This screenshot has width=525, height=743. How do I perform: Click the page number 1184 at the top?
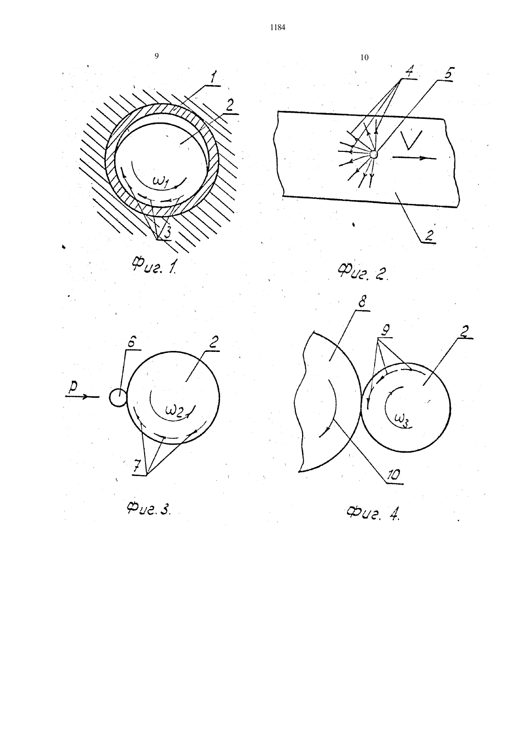(278, 28)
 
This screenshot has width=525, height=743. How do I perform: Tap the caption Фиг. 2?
(363, 272)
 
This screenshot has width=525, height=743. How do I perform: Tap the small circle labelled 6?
(118, 397)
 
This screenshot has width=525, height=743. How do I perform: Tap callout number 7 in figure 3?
(137, 467)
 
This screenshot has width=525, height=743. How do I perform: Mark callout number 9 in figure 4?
(385, 330)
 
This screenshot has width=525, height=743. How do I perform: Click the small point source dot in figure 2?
(374, 154)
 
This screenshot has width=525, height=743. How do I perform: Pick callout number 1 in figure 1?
(213, 78)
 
